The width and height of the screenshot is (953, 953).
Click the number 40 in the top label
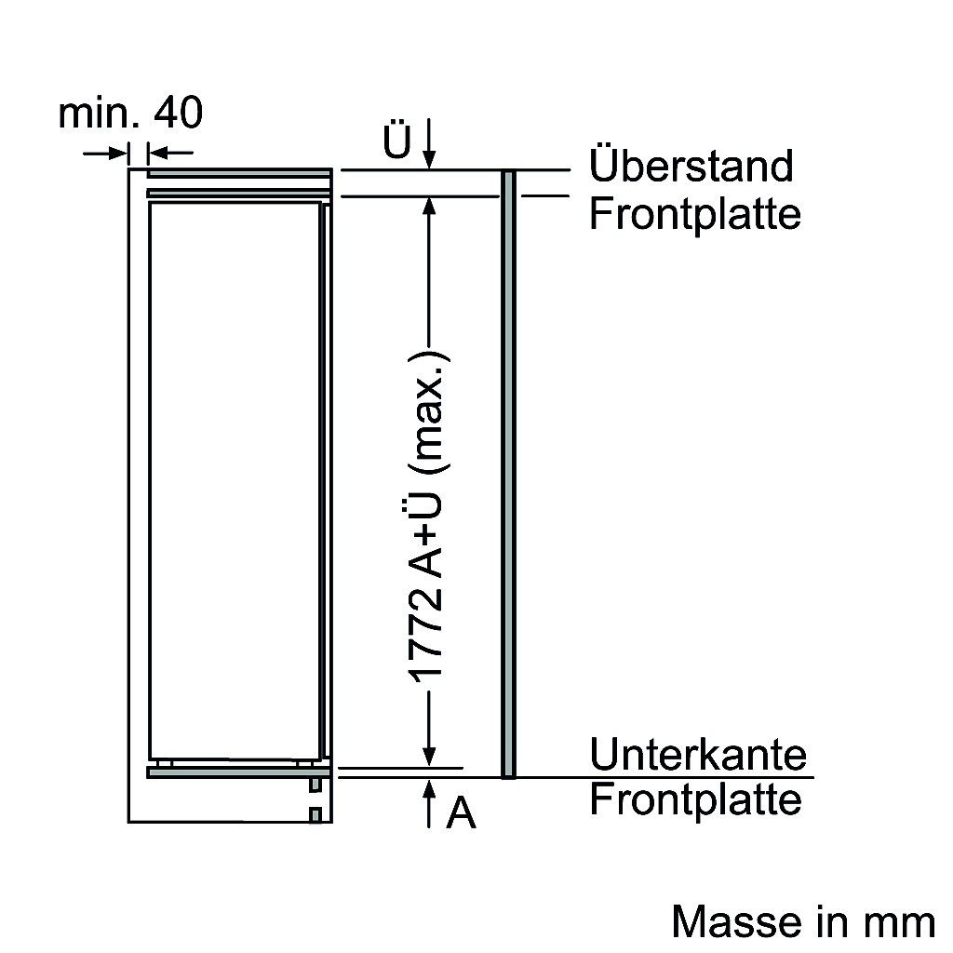(178, 114)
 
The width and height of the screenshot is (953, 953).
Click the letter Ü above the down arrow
(397, 143)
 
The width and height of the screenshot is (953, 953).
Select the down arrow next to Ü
(429, 145)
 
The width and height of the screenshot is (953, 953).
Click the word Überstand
(691, 167)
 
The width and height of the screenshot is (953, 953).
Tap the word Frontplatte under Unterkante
(694, 799)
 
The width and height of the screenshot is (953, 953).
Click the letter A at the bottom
(461, 814)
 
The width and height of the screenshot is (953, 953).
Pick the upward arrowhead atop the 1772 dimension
(429, 207)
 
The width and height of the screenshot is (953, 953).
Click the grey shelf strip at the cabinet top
(239, 172)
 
